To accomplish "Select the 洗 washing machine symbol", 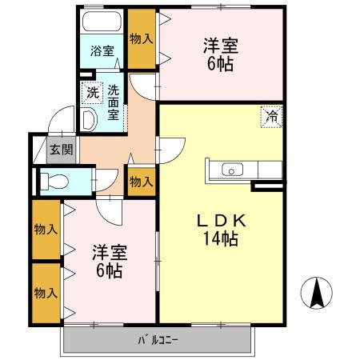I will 94,92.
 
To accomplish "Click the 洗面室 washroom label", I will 114,102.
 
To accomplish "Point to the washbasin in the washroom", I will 90,119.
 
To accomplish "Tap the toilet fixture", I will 57,179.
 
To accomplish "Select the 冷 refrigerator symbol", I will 272,116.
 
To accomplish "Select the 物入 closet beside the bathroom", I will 142,38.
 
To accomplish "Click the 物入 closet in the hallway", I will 142,182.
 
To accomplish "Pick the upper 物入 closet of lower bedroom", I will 46,230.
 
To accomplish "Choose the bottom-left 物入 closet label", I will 46,293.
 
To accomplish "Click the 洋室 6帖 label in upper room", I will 218,54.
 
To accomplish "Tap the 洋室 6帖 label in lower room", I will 106,262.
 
